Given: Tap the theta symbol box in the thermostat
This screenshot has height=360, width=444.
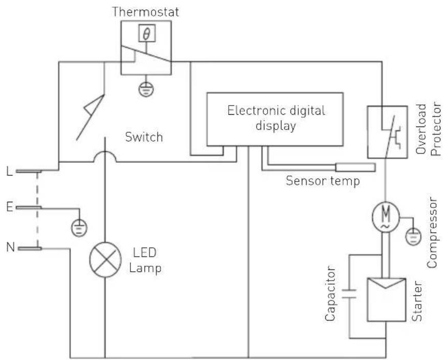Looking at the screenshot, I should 146,34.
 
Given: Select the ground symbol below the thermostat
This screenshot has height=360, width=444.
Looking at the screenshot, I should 146,89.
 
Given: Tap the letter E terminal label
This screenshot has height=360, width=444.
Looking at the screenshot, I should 9,207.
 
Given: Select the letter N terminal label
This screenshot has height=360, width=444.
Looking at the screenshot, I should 9,248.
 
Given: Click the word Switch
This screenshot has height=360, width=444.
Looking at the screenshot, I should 144,137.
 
